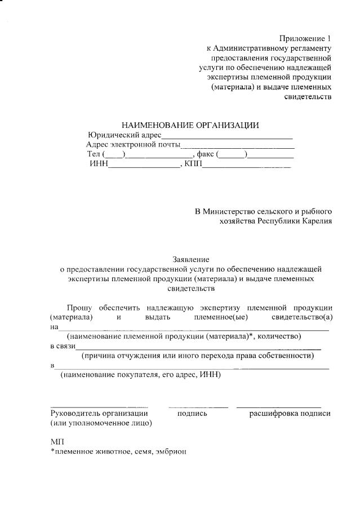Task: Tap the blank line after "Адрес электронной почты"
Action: click(x=237, y=146)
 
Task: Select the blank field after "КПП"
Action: click(x=246, y=165)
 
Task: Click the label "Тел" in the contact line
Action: click(x=93, y=154)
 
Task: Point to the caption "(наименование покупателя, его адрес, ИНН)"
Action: click(x=141, y=375)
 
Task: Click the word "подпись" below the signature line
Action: click(x=192, y=414)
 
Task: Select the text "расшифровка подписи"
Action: click(x=290, y=414)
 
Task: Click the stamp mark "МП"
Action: click(x=57, y=442)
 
